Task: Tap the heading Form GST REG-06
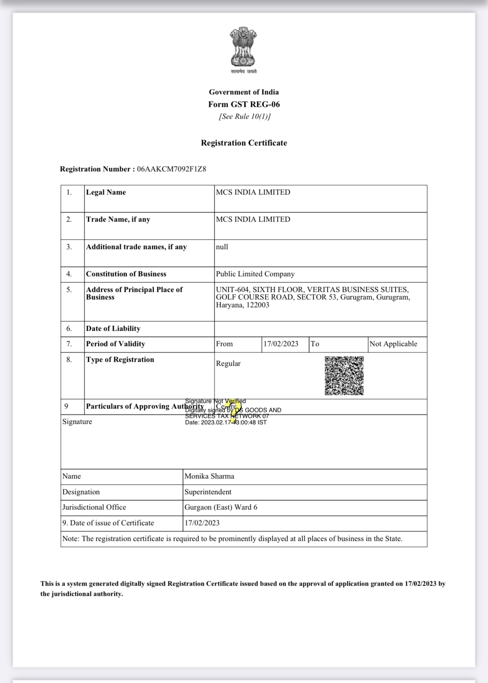tap(244, 104)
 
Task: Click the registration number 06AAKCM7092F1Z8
tap(171, 169)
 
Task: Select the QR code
tap(344, 375)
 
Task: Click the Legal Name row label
tap(106, 192)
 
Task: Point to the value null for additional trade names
tap(222, 247)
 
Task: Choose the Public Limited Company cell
tap(255, 274)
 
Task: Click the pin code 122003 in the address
tap(258, 305)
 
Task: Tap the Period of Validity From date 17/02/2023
tap(281, 344)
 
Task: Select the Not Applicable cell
tap(393, 344)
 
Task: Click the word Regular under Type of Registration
tap(228, 364)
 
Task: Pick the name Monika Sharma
tap(209, 476)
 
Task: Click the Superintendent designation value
tap(208, 492)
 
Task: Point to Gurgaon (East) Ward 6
tap(221, 507)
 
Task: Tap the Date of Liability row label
tap(113, 329)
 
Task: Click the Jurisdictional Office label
tap(94, 507)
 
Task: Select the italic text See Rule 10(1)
tap(245, 117)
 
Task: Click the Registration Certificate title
tap(244, 143)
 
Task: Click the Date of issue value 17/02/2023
tap(202, 523)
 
